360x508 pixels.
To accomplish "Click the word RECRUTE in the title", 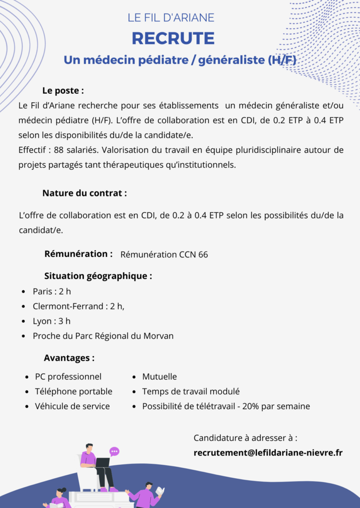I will [173, 38].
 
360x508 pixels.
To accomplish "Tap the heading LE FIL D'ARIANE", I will [171, 17].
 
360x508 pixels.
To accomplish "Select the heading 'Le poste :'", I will [63, 91].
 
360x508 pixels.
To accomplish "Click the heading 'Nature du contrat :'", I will [84, 193].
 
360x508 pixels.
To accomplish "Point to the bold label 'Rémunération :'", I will [78, 254].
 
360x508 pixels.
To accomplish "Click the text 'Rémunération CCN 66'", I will [164, 254].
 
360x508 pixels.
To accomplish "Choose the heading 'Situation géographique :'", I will [98, 276].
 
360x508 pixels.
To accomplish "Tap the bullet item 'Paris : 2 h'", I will [52, 291].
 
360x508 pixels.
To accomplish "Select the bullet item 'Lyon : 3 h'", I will [52, 321].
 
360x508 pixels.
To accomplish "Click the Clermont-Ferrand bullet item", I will [78, 306].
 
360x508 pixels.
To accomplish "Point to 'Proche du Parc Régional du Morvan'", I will [103, 336].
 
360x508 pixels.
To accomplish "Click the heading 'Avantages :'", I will [69, 358].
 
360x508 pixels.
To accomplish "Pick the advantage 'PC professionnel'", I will [68, 377].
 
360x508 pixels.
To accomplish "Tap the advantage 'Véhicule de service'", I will [72, 406].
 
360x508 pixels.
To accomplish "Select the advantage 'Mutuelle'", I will [159, 377].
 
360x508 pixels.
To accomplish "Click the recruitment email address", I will [268, 452].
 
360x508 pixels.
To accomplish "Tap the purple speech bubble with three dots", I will [115, 451].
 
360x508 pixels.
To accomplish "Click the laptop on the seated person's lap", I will [102, 462].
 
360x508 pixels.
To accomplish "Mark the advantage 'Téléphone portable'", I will [73, 391].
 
